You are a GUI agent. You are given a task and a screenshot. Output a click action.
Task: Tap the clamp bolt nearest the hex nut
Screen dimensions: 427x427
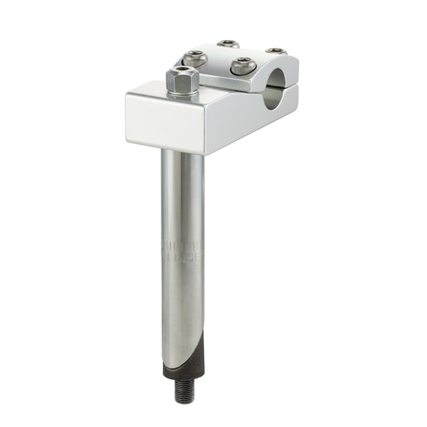[x=195, y=59]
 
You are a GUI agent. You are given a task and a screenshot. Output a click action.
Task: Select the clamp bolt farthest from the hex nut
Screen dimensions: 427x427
[x=276, y=51]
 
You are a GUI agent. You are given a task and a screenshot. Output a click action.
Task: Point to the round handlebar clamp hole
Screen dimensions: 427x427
[x=273, y=96]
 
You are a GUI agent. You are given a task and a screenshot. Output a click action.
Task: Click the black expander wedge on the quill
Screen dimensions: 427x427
[x=186, y=362]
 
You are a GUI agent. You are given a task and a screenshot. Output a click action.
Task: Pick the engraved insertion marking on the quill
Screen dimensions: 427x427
[x=184, y=248]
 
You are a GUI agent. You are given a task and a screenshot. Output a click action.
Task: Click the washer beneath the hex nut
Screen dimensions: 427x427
[x=182, y=93]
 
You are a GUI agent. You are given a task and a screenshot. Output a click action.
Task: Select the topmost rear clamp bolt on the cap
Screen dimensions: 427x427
[x=228, y=44]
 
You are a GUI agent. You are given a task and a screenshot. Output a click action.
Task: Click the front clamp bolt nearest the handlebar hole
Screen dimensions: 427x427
[x=243, y=66]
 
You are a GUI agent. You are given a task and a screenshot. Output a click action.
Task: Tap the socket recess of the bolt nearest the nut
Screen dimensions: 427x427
[x=195, y=58]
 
